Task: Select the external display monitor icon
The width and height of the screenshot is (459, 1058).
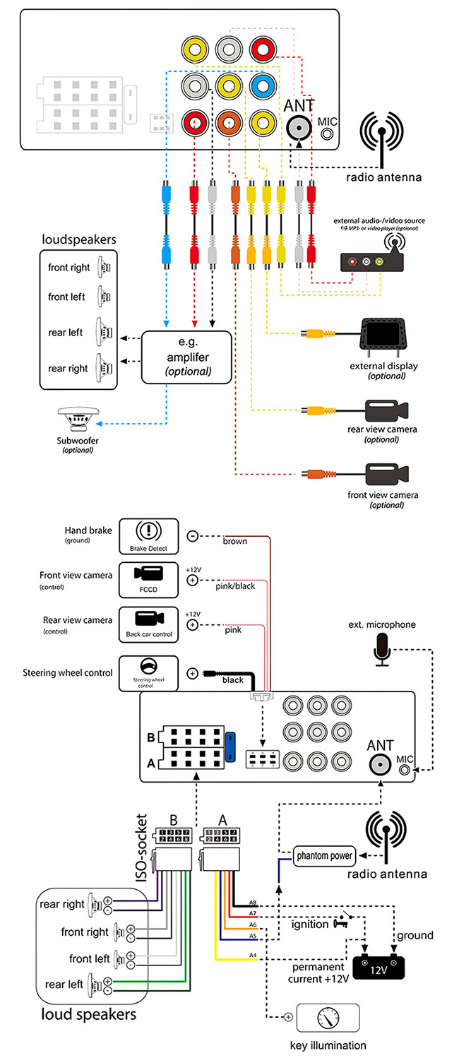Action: coord(386,338)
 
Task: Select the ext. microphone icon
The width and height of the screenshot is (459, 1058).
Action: coord(382,649)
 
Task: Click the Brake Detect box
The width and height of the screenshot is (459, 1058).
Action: coord(147,535)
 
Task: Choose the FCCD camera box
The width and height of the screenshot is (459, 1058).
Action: coord(147,578)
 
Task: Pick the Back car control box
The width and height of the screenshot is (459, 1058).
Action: coord(147,624)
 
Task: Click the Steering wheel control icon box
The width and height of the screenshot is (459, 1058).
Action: coord(147,672)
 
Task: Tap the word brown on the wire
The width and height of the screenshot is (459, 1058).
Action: coord(234,542)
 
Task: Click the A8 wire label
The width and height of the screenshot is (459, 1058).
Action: coord(254,903)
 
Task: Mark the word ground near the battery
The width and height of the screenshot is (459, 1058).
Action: coord(415,935)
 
